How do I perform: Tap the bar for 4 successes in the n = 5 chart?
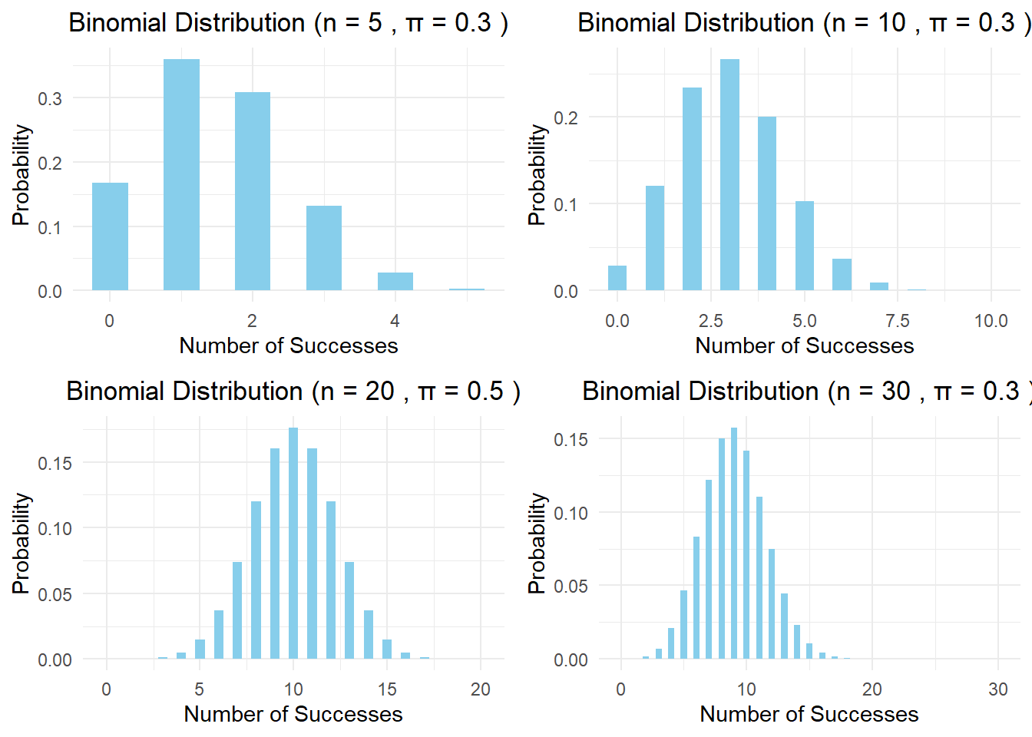[x=395, y=282]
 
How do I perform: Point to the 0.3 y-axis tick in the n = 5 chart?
[x=50, y=98]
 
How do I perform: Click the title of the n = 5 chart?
[x=288, y=23]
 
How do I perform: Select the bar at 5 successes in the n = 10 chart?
[x=805, y=246]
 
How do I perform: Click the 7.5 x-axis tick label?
[x=898, y=321]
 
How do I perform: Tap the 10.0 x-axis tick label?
[x=991, y=321]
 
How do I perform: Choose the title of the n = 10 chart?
[x=803, y=23]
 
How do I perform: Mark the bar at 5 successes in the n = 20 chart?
[x=200, y=649]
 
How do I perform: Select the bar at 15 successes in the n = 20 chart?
[x=387, y=649]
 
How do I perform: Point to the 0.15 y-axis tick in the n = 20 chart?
[x=55, y=463]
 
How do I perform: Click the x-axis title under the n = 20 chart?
[x=293, y=714]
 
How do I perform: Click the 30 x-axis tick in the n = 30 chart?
[x=997, y=689]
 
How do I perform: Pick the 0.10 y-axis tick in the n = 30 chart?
[x=571, y=513]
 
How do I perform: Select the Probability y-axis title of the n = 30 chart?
[x=537, y=544]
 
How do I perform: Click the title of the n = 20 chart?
[x=293, y=392]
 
